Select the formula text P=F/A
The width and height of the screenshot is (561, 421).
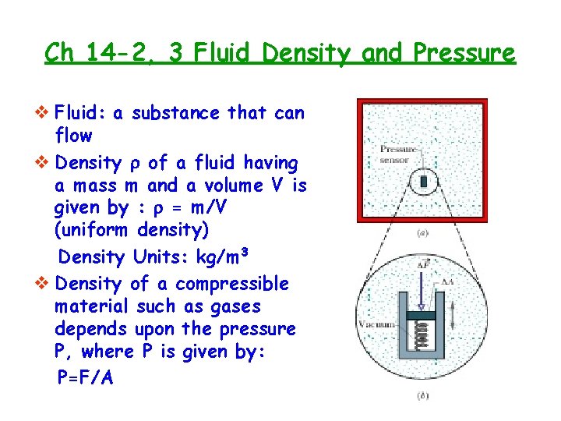(x=85, y=377)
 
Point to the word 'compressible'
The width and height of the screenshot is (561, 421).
(x=232, y=283)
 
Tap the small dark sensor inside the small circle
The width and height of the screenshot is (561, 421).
(x=424, y=182)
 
